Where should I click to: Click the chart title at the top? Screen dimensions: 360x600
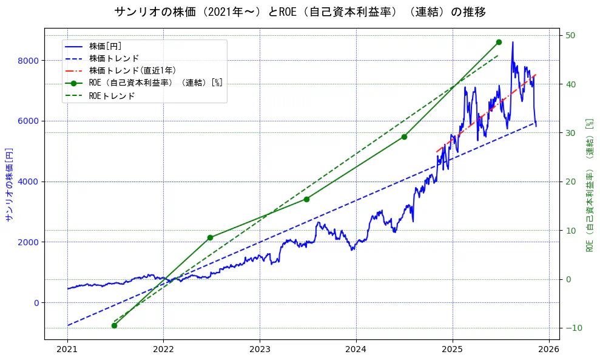point(300,12)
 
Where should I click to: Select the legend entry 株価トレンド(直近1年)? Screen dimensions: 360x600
point(132,71)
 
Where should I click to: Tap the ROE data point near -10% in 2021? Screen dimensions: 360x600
point(114,325)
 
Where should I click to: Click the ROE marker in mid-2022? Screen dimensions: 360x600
point(210,237)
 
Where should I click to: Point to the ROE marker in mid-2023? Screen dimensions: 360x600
point(306,199)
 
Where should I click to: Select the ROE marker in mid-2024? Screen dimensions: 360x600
point(404,137)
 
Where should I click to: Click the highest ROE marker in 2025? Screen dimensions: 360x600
point(499,42)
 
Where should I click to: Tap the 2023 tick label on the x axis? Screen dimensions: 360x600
point(260,350)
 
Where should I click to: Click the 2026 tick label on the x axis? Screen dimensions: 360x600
point(549,350)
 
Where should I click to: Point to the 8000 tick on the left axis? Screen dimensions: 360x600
point(29,61)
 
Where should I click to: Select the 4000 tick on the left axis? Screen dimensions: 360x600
point(29,182)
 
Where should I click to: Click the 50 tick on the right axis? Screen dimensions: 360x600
point(571,35)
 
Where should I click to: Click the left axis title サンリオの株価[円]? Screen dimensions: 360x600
point(9,183)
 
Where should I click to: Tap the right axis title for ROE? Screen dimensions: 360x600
point(589,185)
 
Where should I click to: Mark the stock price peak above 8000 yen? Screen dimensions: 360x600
point(513,42)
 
